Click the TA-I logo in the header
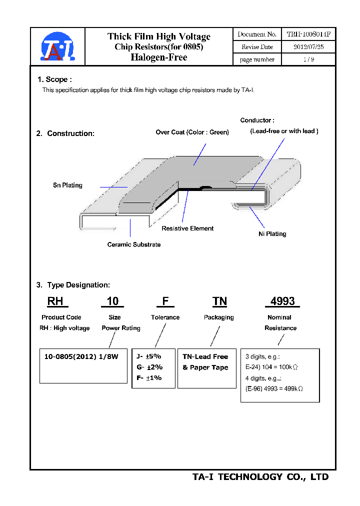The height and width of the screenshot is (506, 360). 57,47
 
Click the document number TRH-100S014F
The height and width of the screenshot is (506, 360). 308,34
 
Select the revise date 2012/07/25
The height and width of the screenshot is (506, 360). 308,46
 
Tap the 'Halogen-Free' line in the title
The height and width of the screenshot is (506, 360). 158,57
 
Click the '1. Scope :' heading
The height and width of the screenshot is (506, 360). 54,79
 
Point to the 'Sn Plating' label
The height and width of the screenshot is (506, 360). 67,185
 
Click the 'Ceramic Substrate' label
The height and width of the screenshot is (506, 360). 134,244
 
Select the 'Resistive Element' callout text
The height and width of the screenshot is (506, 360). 187,228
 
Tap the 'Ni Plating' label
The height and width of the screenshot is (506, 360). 272,233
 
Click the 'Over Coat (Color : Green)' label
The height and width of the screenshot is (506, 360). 192,132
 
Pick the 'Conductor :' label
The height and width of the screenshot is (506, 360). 257,120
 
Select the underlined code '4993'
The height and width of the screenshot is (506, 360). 282,301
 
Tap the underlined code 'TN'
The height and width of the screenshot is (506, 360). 219,301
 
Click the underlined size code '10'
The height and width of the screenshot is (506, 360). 113,301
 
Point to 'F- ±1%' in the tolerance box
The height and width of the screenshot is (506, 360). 149,378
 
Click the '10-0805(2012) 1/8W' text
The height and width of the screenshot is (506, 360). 81,356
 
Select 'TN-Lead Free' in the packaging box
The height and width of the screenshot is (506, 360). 205,356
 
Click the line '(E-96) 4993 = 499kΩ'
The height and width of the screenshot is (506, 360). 274,388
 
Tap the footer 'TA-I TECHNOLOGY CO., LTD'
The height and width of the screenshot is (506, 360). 260,477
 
